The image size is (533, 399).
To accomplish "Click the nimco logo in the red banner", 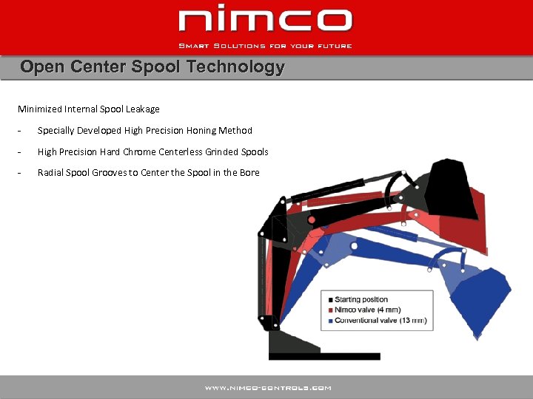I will pyautogui.click(x=266, y=21).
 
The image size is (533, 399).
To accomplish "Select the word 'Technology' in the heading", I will pyautogui.click(x=236, y=67).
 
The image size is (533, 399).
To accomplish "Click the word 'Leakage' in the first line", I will pyautogui.click(x=143, y=109).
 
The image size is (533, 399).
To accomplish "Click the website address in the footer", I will pyautogui.click(x=268, y=387).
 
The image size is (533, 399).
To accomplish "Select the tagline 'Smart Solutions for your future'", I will pyautogui.click(x=266, y=46).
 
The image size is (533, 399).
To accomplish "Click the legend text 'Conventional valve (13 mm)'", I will pyautogui.click(x=381, y=321).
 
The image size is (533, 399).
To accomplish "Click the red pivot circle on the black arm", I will pyautogui.click(x=312, y=220).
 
